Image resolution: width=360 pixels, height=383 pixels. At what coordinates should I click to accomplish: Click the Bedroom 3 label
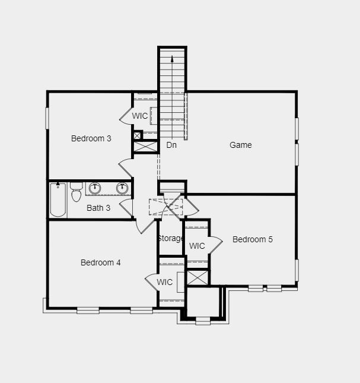click(91, 138)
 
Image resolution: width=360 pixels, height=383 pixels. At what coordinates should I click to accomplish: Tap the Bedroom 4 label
click(101, 262)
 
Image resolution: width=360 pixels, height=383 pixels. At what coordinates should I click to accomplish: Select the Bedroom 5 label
click(253, 239)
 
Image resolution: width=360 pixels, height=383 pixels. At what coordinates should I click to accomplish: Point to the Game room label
click(241, 145)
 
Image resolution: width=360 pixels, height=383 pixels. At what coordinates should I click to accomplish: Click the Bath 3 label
click(98, 208)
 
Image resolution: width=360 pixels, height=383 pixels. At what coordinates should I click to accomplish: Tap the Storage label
click(170, 238)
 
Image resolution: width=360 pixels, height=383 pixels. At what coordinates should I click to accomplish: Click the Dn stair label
click(171, 145)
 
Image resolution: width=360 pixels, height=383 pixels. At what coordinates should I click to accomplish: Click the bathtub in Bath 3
click(58, 200)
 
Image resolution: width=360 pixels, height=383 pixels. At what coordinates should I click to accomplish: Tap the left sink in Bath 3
click(94, 188)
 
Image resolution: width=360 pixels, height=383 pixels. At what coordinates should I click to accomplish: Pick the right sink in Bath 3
click(122, 188)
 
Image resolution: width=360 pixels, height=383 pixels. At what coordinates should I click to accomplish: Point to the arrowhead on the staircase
click(172, 59)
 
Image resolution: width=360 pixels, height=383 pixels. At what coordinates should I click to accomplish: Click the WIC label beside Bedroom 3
click(140, 116)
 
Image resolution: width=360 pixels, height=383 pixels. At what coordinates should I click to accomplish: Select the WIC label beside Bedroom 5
click(197, 246)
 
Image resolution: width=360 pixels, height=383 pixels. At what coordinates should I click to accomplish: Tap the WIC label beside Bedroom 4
click(165, 282)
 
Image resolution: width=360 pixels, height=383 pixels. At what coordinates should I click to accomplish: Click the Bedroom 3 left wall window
click(47, 118)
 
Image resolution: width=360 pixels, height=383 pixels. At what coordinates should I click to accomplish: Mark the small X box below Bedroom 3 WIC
click(138, 135)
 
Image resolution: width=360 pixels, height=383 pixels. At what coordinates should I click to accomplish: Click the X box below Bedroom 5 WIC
click(197, 277)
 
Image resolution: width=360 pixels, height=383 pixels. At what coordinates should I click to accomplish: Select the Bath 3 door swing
click(126, 207)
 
